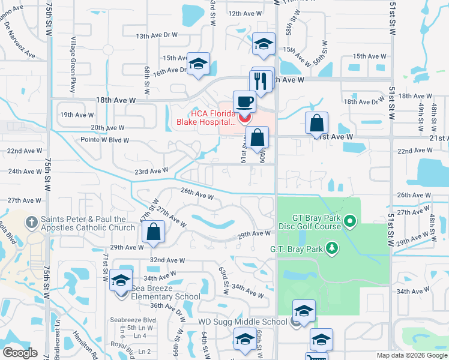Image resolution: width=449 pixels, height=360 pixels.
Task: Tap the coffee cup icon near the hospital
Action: click(x=243, y=101)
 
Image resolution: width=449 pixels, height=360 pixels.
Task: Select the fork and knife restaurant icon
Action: click(x=261, y=81)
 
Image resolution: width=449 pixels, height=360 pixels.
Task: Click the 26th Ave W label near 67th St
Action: click(x=197, y=195)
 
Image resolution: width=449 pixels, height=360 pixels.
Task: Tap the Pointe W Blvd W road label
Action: click(x=105, y=140)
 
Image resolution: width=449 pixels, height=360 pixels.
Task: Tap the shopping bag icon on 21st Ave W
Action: click(x=316, y=124)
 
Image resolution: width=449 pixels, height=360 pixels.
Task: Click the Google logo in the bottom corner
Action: click(x=20, y=353)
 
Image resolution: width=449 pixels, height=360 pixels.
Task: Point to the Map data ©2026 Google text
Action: click(x=412, y=355)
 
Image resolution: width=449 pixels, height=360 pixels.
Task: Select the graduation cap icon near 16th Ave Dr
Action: click(x=197, y=65)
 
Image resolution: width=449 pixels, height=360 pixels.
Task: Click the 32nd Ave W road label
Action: click(x=167, y=260)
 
